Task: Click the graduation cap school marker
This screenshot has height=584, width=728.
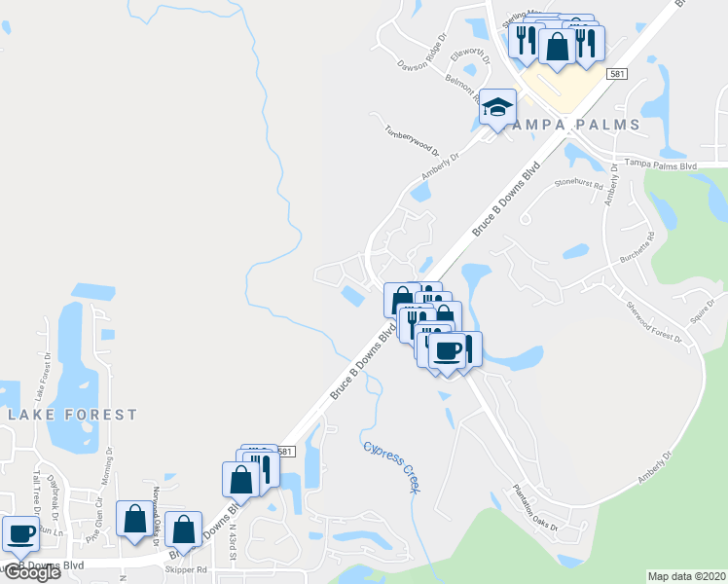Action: pos(497,108)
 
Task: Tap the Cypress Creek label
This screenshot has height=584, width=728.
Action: pos(392,465)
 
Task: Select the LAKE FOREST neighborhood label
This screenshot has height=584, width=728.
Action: pos(74,415)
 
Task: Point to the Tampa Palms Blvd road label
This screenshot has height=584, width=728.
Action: pos(662,165)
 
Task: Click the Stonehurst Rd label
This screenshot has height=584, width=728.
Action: pos(580,183)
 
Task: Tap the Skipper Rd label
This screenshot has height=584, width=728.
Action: pos(189,569)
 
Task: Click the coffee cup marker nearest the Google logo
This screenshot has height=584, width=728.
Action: pos(21,533)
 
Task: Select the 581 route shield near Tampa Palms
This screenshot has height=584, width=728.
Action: pos(616,74)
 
